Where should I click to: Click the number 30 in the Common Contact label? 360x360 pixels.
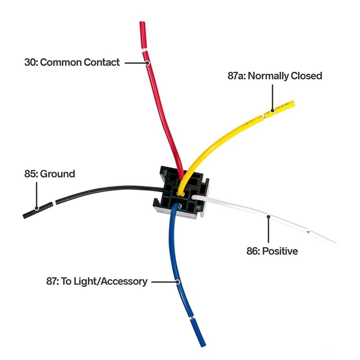(30, 62)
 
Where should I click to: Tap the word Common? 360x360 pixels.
(60, 62)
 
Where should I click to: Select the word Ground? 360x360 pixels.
(58, 174)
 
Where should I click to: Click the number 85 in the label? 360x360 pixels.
(30, 174)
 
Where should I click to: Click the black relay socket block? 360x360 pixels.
(180, 191)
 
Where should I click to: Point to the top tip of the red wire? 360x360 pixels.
(142, 23)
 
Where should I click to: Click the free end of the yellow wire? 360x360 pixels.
(292, 103)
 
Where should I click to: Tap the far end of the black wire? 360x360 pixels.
(25, 216)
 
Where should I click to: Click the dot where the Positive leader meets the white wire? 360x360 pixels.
(268, 217)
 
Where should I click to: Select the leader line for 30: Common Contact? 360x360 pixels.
(135, 63)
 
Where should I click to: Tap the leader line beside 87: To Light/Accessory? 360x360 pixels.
(164, 282)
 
